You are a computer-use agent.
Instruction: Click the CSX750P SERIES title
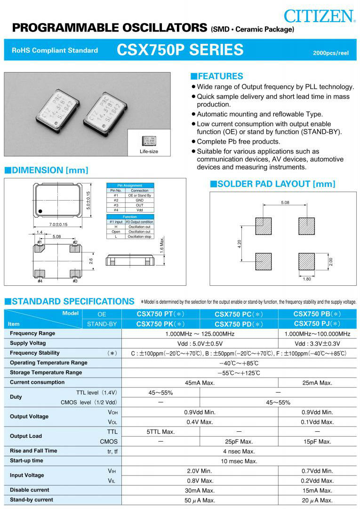click(180, 50)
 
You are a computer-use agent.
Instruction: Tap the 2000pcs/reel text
click(331, 53)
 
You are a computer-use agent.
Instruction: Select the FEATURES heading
click(216, 76)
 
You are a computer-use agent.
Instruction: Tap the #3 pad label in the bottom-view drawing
click(75, 281)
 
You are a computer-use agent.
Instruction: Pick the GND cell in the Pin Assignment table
click(139, 200)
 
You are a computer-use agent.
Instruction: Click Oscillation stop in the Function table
click(139, 237)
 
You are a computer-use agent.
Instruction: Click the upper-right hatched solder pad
click(306, 226)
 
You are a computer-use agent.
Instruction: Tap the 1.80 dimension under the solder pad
click(307, 279)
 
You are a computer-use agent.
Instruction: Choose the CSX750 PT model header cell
click(161, 314)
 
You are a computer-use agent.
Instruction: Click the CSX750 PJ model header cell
click(317, 323)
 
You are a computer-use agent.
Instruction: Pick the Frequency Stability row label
click(35, 353)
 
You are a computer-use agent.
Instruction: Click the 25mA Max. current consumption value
click(317, 383)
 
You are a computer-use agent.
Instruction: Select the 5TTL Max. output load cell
click(161, 432)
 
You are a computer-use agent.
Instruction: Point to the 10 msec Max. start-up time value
click(239, 461)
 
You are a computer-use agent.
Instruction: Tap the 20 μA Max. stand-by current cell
click(317, 500)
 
